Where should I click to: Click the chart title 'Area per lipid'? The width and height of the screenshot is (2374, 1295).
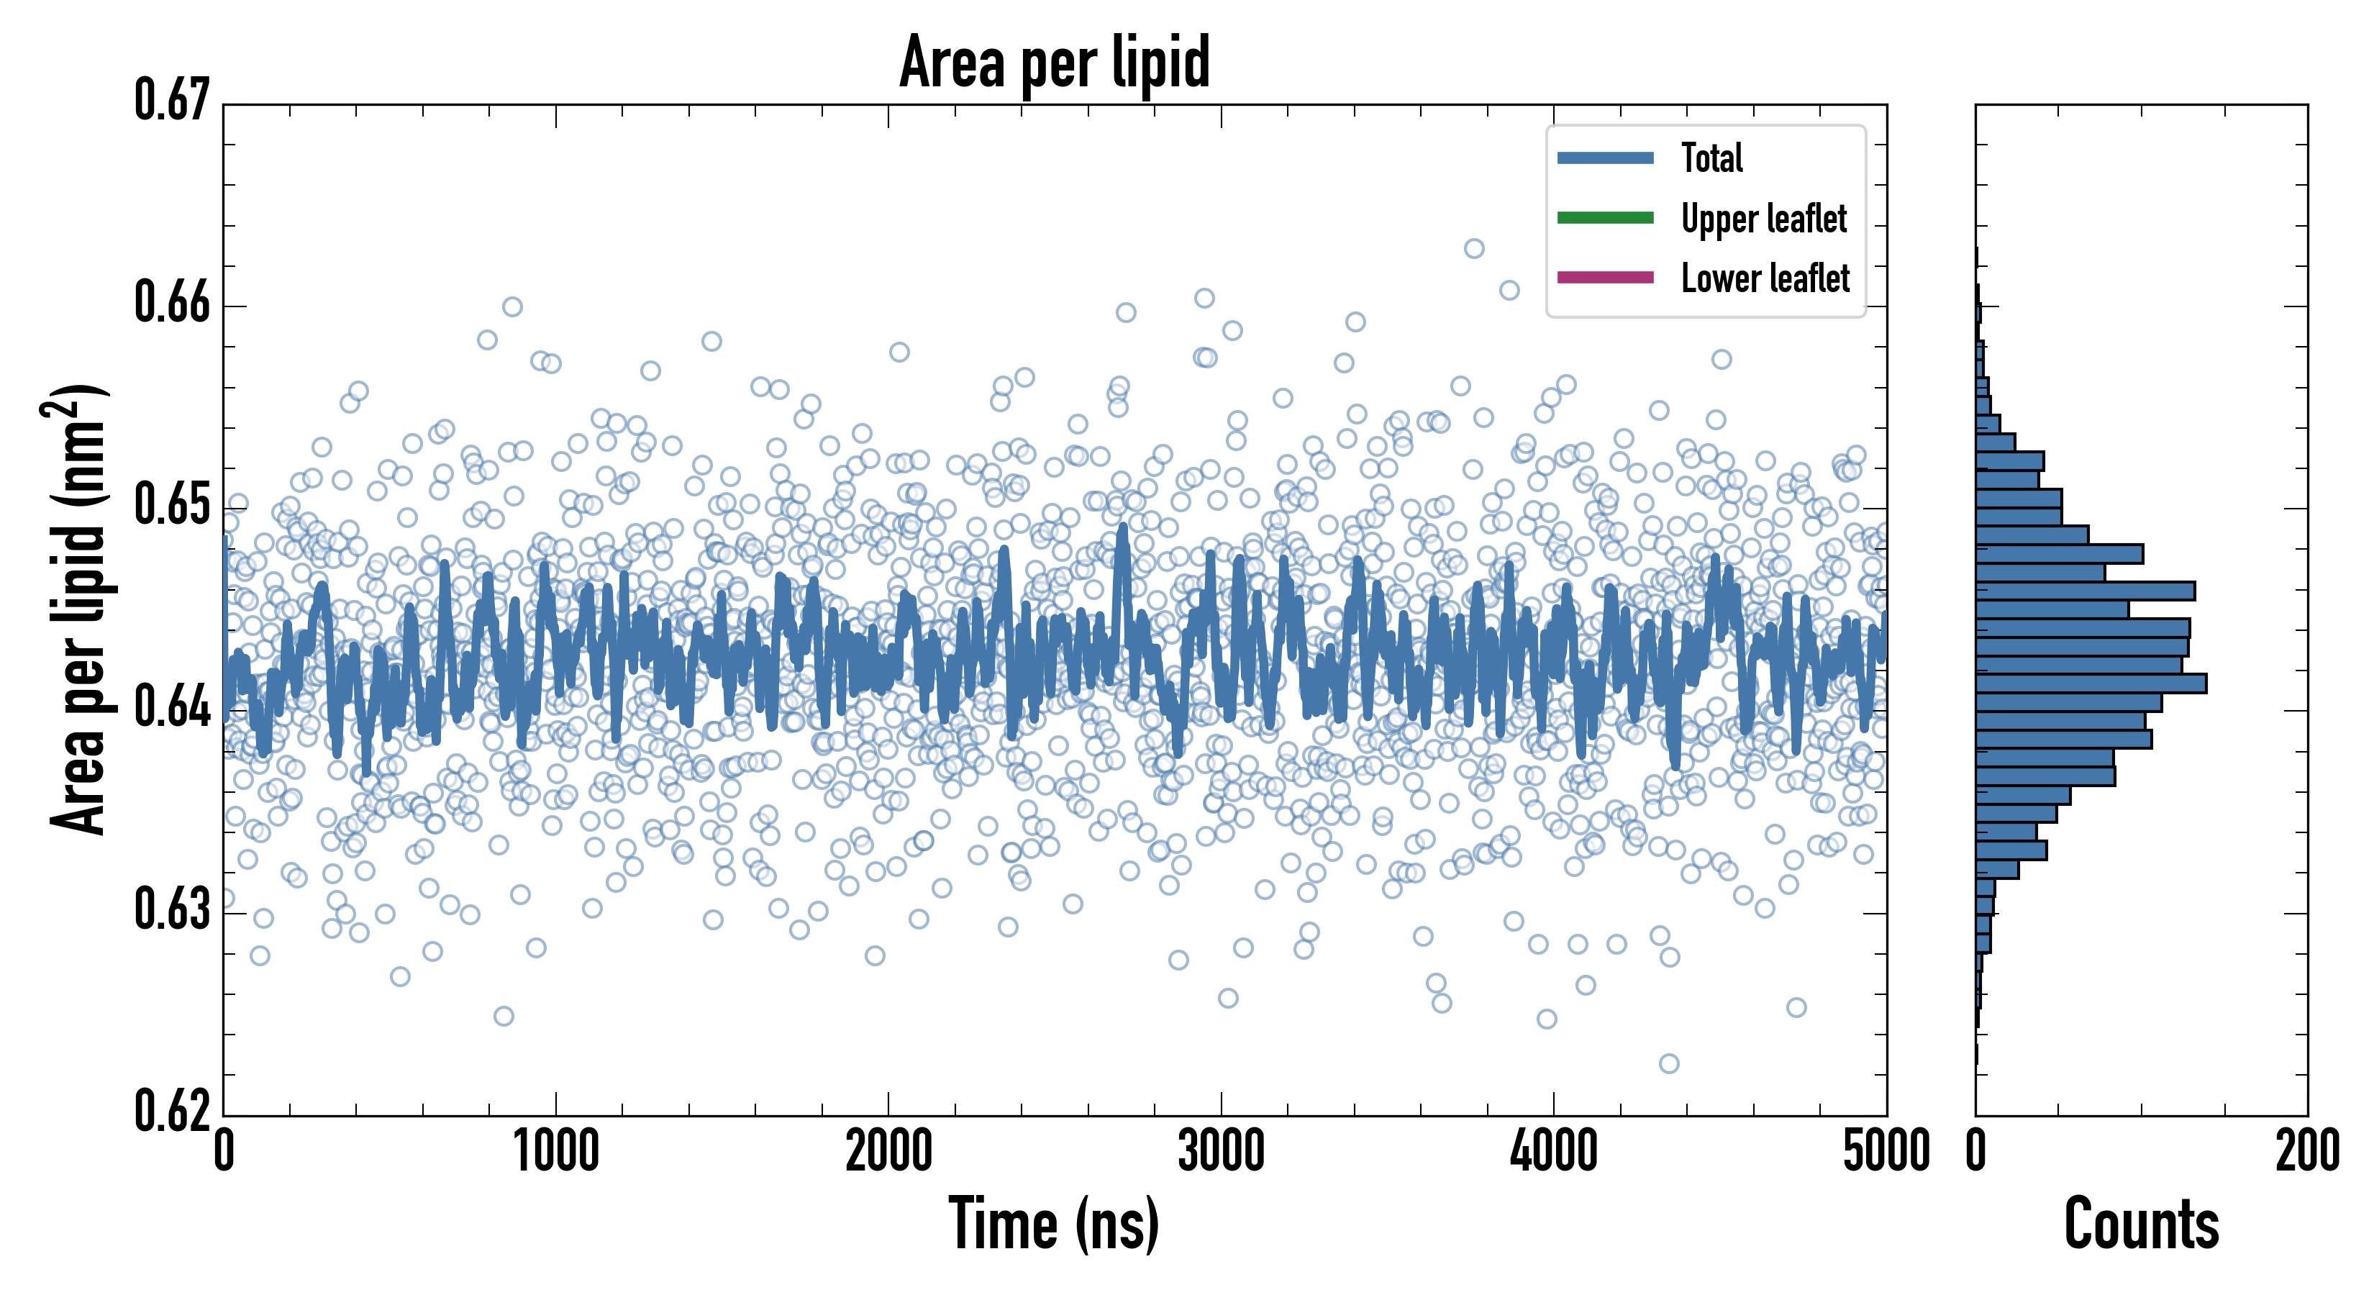click(1055, 62)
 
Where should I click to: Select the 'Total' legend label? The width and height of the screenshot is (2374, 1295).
click(1711, 158)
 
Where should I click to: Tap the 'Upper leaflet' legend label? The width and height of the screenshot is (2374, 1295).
click(1763, 219)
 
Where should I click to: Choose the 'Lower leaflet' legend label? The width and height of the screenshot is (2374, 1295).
click(1765, 278)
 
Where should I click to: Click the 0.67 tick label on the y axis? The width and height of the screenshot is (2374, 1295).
click(173, 101)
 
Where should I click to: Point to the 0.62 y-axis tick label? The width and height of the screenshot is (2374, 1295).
click(173, 1112)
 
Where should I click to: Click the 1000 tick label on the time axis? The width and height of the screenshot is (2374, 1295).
click(555, 1152)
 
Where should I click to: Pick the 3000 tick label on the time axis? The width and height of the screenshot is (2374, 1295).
click(1221, 1152)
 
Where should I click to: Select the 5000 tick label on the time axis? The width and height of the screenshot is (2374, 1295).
click(1886, 1152)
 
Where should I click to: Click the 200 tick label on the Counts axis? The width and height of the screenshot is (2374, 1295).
click(2306, 1152)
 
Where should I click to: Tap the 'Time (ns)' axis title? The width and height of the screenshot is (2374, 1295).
click(1055, 1224)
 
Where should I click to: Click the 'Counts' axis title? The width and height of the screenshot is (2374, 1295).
click(2141, 1224)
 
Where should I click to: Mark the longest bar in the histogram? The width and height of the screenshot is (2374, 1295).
click(2090, 683)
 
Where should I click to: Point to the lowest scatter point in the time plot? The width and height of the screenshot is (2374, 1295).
click(1669, 1063)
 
